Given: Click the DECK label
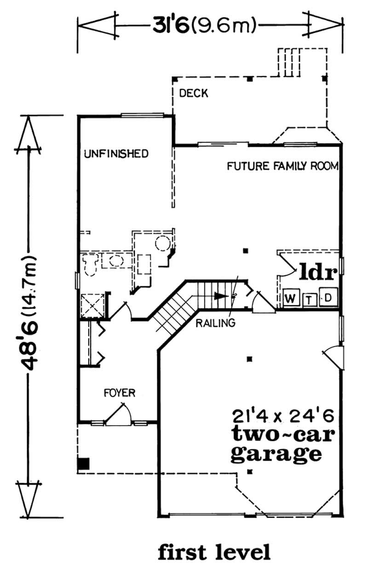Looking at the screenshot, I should click(194, 94).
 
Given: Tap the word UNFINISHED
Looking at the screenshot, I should click(116, 154).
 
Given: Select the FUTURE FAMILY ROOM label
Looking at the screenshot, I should click(283, 166).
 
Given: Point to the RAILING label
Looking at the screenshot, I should click(216, 323).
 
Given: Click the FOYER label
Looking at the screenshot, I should click(119, 393).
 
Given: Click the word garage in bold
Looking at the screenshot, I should click(275, 453).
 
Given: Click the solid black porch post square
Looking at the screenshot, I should click(83, 463).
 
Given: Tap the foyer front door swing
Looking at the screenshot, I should click(116, 413).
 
